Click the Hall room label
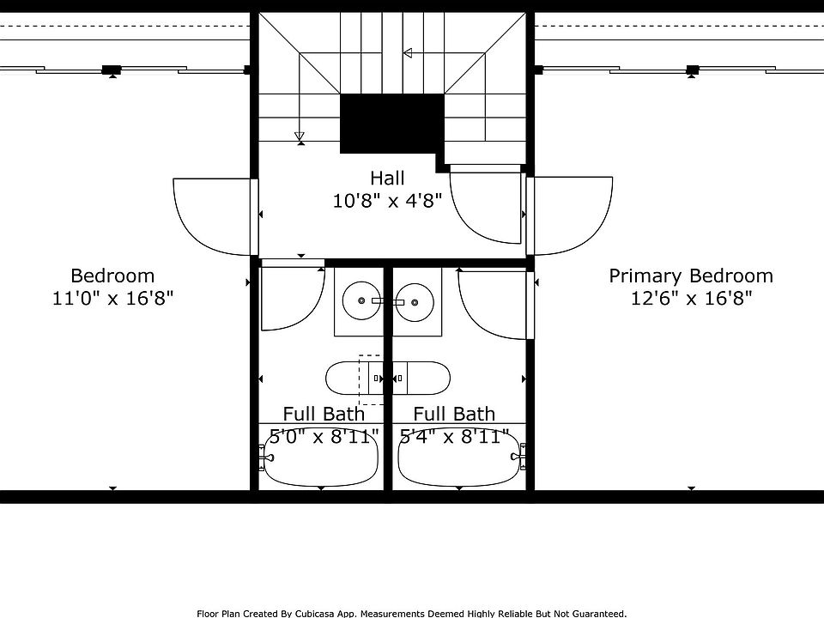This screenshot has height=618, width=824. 387,179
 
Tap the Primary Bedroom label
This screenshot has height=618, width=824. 691,276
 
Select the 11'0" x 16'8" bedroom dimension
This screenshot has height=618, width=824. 112,299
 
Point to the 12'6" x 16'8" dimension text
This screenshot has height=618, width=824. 691,299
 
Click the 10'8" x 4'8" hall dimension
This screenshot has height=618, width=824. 387,200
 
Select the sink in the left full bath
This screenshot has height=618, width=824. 361,300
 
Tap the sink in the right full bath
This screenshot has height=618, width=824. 415,302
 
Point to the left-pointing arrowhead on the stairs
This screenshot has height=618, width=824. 407,53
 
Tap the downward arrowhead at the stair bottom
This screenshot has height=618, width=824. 300,136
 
